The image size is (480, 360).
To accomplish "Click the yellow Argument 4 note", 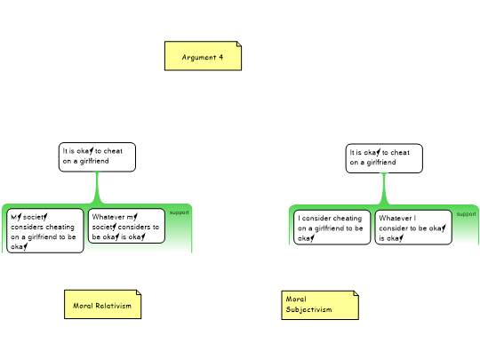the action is click(x=203, y=56).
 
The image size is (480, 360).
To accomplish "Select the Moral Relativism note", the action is click(x=102, y=304).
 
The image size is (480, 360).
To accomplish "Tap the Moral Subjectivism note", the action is click(x=320, y=305).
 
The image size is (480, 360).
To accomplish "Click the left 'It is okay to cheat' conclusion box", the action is click(x=97, y=157).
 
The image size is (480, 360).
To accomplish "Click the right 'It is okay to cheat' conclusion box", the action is click(x=384, y=158).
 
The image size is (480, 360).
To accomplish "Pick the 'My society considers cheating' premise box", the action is click(x=45, y=231).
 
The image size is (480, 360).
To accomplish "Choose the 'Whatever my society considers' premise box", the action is click(x=126, y=226).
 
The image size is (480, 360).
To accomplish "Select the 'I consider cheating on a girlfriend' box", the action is click(x=332, y=228).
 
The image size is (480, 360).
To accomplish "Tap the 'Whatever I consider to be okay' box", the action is click(x=413, y=228).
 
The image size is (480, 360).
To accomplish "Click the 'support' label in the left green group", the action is click(x=179, y=212).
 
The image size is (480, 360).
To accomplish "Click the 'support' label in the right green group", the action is click(x=467, y=214).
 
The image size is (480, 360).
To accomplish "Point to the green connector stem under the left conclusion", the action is click(x=98, y=188).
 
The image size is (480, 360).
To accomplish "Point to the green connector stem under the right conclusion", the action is click(x=384, y=188).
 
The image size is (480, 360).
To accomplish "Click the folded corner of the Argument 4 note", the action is click(x=239, y=44).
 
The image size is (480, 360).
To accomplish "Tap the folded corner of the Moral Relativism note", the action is click(x=139, y=292).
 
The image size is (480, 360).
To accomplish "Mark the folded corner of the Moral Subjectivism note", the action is click(x=356, y=293).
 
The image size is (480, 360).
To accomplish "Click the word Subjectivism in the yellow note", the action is click(x=308, y=310).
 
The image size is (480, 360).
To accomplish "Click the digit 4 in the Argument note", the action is click(x=220, y=57).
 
